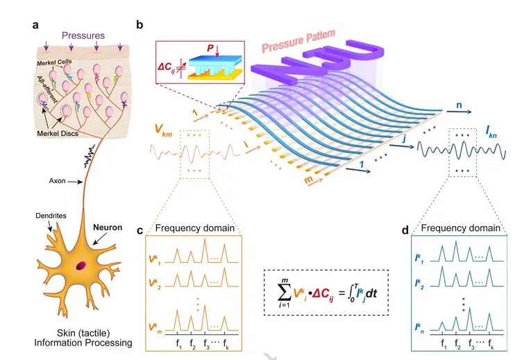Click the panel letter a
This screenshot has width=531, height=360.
[35, 26]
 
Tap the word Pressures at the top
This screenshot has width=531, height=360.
[83, 35]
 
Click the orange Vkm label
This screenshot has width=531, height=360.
[164, 129]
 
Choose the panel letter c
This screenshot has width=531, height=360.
[140, 230]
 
